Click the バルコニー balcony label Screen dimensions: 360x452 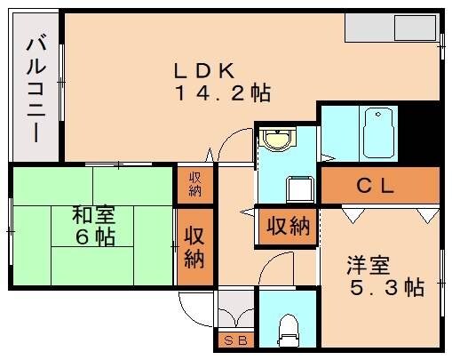(36, 89)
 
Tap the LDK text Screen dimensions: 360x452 (203, 69)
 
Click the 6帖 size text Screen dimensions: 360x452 (93, 237)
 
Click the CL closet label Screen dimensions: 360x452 (376, 187)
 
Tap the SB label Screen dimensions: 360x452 (235, 340)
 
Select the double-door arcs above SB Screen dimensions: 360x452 (235, 310)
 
